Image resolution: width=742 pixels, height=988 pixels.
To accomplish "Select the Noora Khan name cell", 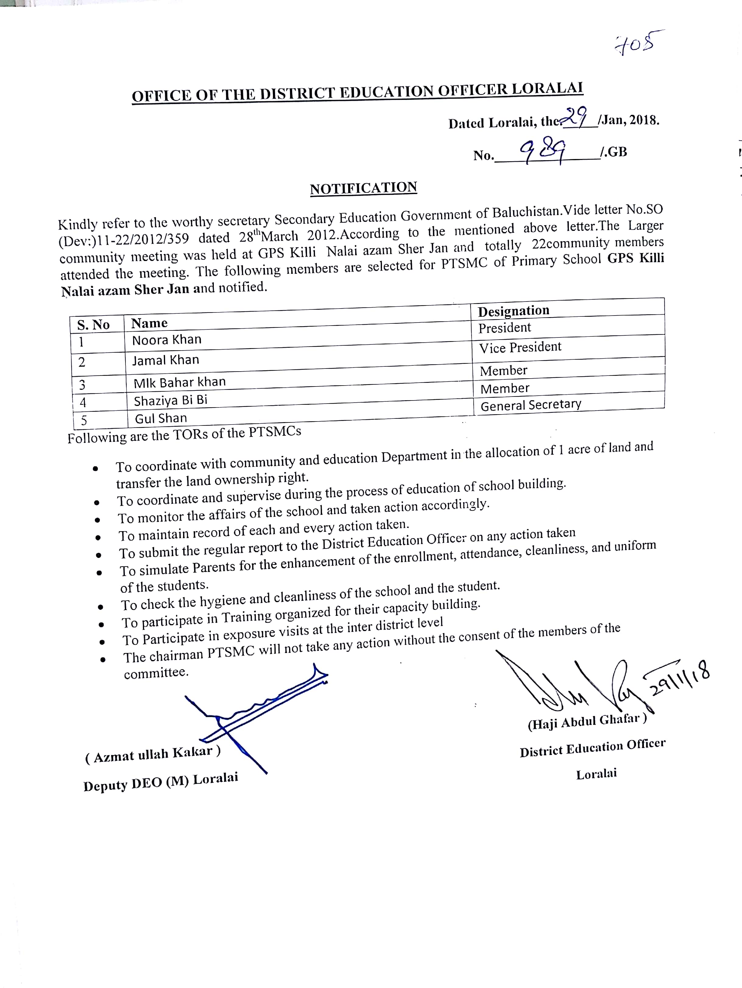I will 167,340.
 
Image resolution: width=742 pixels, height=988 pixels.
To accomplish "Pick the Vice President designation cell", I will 520,347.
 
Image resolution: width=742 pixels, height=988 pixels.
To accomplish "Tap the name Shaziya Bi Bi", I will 171,400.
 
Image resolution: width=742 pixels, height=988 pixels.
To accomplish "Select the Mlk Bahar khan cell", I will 180,382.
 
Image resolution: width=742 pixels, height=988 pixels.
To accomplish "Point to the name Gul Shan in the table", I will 161,418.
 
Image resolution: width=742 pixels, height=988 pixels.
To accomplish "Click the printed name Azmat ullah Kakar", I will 152,755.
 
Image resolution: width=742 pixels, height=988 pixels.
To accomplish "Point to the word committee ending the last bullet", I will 156,673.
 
